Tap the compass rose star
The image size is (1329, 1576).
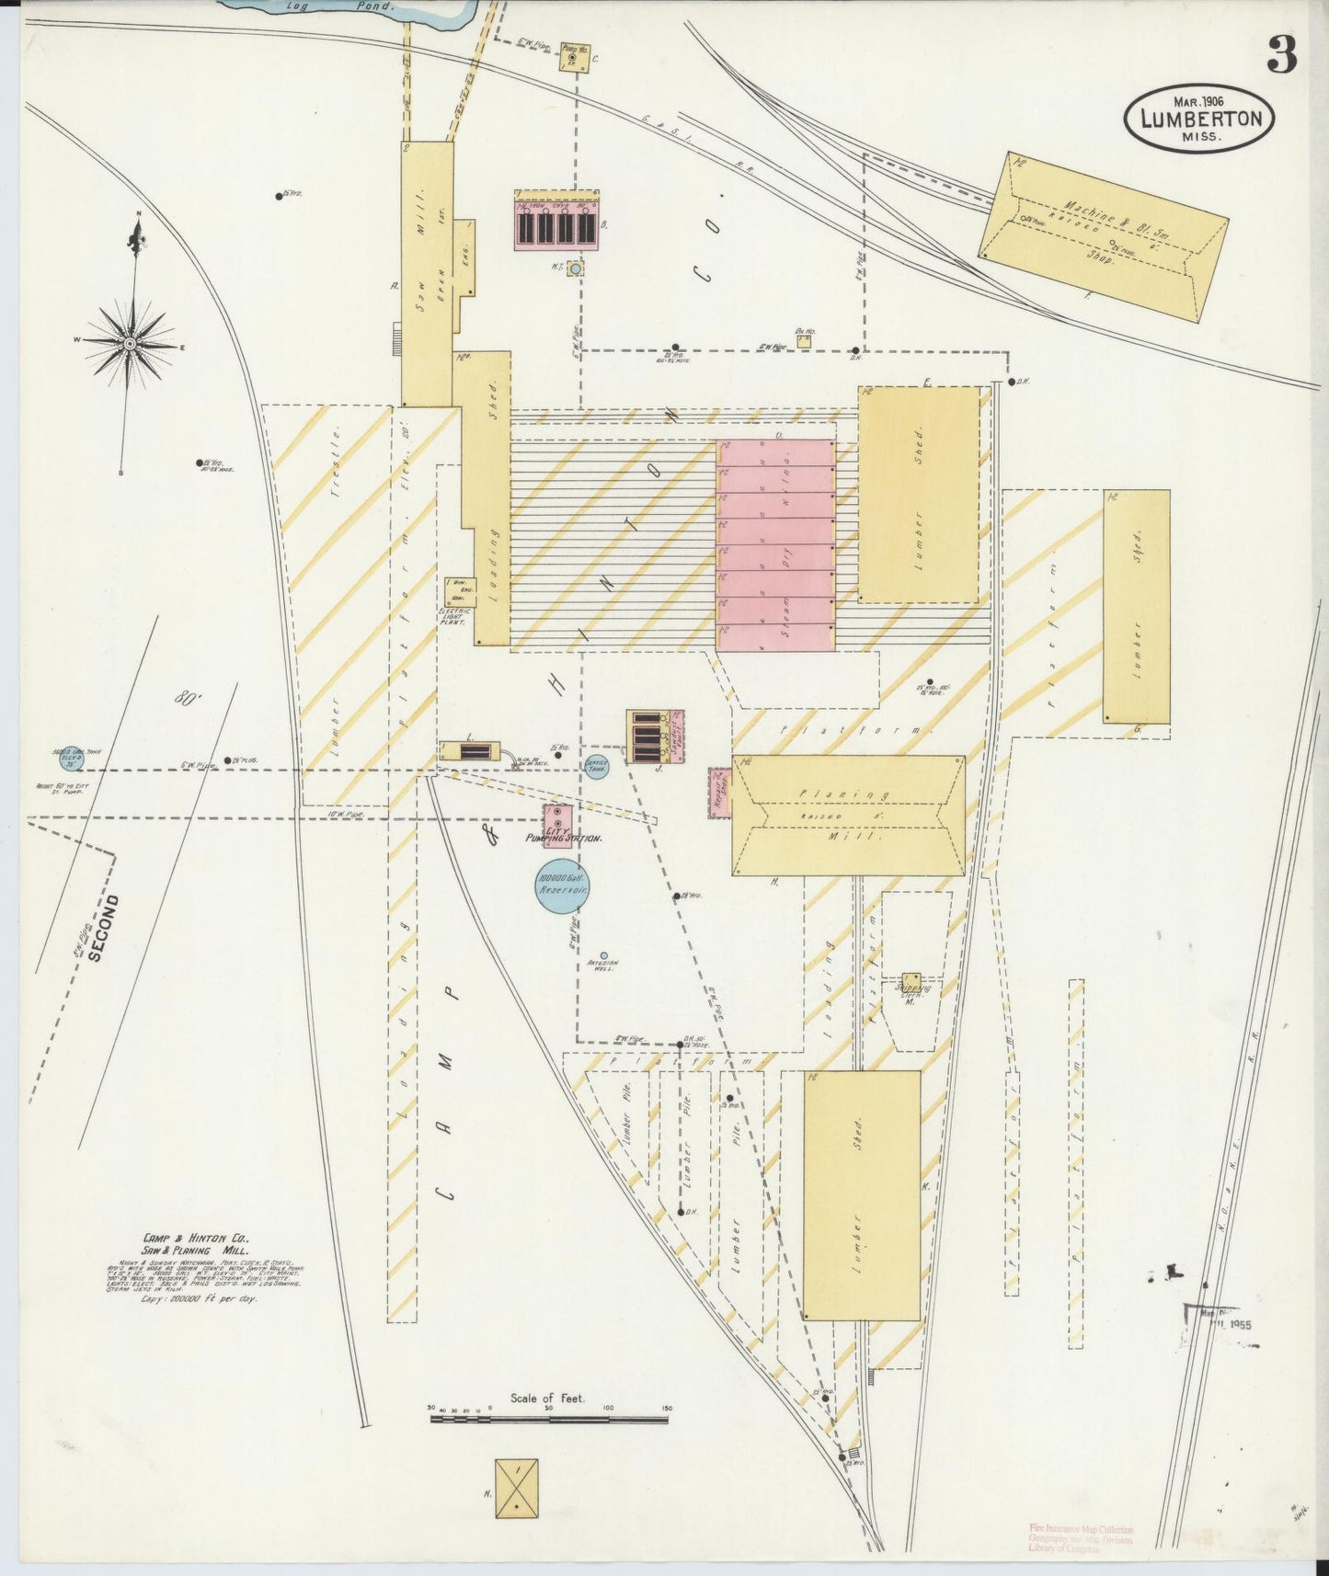click(x=131, y=344)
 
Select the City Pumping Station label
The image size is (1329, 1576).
click(x=563, y=839)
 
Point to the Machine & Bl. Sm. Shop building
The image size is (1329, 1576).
click(x=1104, y=236)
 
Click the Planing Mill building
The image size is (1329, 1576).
click(x=848, y=816)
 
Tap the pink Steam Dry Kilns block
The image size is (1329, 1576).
click(x=775, y=545)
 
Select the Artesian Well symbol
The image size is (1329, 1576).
click(x=603, y=955)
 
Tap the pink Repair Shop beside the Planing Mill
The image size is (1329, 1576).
click(x=720, y=792)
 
